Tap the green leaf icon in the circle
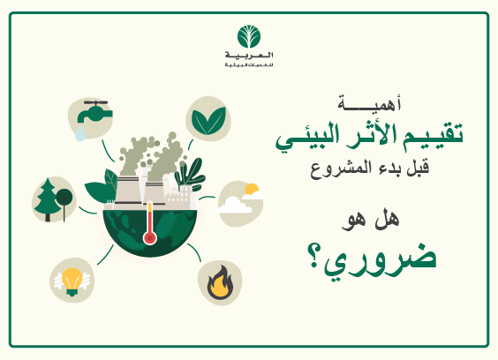point(208,119)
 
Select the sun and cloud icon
point(240,200)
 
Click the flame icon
point(217,283)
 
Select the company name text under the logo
point(249,61)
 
